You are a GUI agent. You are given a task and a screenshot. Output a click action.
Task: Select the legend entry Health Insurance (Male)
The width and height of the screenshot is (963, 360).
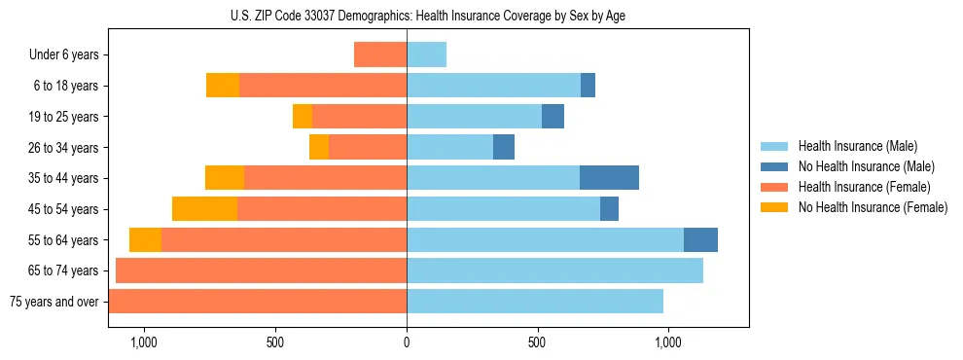point(857,146)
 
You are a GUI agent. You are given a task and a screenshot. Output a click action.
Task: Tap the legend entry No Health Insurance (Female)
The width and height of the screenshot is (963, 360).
point(873,207)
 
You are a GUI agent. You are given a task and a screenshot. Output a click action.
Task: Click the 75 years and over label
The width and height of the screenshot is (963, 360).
point(54,302)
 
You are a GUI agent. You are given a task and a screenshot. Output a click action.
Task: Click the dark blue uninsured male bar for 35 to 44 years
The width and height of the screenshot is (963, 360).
point(609,178)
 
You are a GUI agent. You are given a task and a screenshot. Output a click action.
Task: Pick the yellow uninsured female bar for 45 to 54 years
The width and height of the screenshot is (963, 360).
point(204,209)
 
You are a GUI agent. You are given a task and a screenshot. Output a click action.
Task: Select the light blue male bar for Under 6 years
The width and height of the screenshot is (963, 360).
point(426,55)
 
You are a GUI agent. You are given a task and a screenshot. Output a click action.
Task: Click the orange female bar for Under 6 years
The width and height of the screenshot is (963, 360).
point(380,55)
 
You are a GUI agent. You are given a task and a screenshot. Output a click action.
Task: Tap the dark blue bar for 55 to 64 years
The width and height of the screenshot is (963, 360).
point(700,239)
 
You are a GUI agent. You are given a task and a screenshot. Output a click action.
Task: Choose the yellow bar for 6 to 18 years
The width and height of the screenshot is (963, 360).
point(223,86)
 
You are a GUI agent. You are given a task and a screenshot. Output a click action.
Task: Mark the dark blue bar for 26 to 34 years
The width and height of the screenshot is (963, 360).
point(504,148)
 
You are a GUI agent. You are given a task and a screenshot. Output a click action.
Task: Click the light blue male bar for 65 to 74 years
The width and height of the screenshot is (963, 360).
point(554,270)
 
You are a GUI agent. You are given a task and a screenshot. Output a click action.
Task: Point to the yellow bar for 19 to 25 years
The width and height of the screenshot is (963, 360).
point(303,117)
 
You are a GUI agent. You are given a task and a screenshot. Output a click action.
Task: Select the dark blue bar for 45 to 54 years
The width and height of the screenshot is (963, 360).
point(609,209)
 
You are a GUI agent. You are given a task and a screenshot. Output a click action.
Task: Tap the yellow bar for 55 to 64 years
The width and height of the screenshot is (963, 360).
point(145,239)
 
